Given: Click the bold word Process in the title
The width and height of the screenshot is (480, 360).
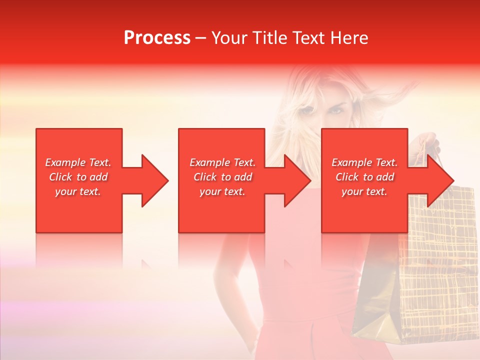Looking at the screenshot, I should coord(157,38).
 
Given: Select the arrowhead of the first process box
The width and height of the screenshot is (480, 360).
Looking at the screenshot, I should coord(152,180).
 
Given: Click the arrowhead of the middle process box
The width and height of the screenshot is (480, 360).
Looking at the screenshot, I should coord(294,180).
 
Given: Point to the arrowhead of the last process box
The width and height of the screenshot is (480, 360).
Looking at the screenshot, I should coord(437,180).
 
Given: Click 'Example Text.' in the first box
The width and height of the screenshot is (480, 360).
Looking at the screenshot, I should coord(78,162).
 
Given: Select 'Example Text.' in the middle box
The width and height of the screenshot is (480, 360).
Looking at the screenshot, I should coord(222,162).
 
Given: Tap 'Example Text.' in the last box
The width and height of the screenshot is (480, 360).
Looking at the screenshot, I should coord(364,162).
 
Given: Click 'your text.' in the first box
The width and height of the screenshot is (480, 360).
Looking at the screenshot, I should coord(78,191).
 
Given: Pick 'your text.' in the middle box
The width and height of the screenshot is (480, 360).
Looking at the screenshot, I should coord(222,191).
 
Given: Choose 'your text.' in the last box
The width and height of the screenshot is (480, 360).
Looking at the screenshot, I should coord(364,191).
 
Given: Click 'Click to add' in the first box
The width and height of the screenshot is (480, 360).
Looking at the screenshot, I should coord(78,177).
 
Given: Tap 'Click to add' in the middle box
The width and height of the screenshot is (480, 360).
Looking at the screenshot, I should coord(222,177).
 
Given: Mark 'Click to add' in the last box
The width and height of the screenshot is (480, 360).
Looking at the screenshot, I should coord(364,177).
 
